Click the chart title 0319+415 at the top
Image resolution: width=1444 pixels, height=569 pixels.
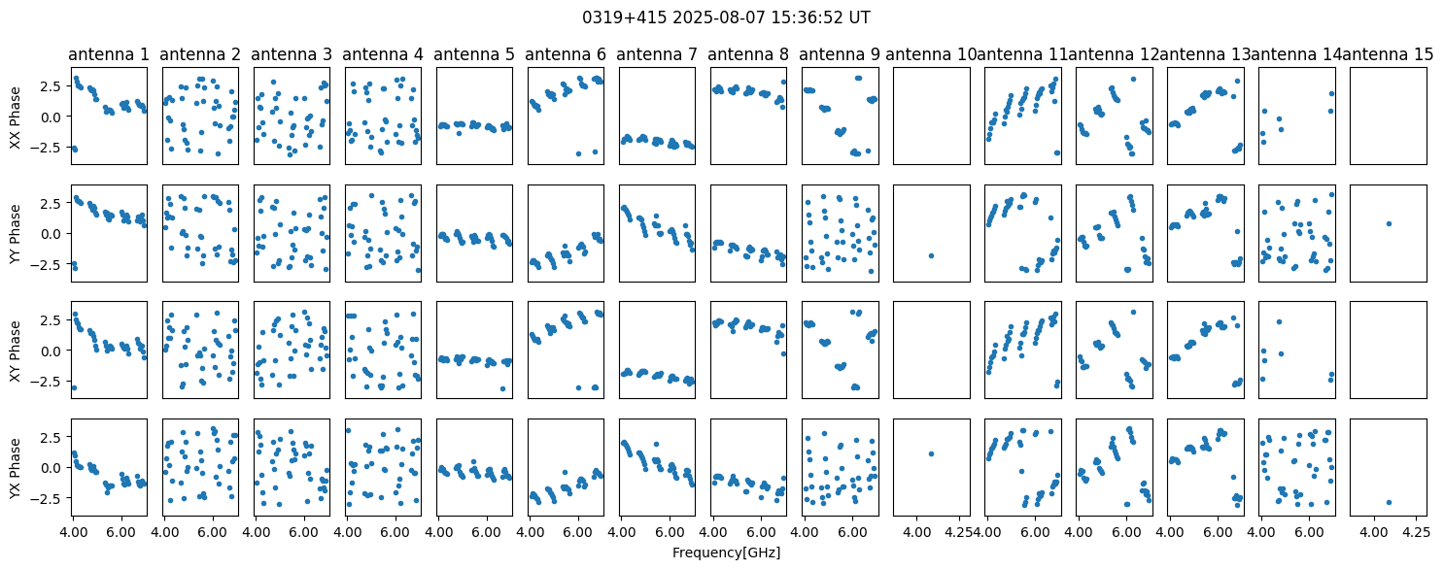pos(726,17)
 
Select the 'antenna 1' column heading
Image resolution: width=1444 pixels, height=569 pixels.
pos(109,55)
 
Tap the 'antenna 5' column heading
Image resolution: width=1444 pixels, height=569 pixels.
pos(474,55)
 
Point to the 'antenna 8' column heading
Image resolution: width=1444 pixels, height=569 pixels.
pos(748,55)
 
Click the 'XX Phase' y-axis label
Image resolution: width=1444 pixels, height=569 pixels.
pos(16,117)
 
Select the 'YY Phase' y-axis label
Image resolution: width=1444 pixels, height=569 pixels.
pos(16,234)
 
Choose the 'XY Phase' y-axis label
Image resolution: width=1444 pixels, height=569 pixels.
pos(16,351)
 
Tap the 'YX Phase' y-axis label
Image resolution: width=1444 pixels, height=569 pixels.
pos(16,468)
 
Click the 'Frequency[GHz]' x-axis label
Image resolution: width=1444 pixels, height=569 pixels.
pos(726,552)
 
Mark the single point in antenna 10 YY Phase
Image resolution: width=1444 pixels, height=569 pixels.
pos(931,255)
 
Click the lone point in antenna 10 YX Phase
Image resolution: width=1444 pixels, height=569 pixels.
pos(931,453)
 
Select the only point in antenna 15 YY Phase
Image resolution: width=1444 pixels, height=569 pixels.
pos(1389,223)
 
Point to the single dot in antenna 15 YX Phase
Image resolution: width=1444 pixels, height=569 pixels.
pos(1389,502)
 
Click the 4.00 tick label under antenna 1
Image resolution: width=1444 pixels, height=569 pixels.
pos(74,533)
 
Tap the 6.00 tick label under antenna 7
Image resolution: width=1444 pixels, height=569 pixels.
pos(670,533)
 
